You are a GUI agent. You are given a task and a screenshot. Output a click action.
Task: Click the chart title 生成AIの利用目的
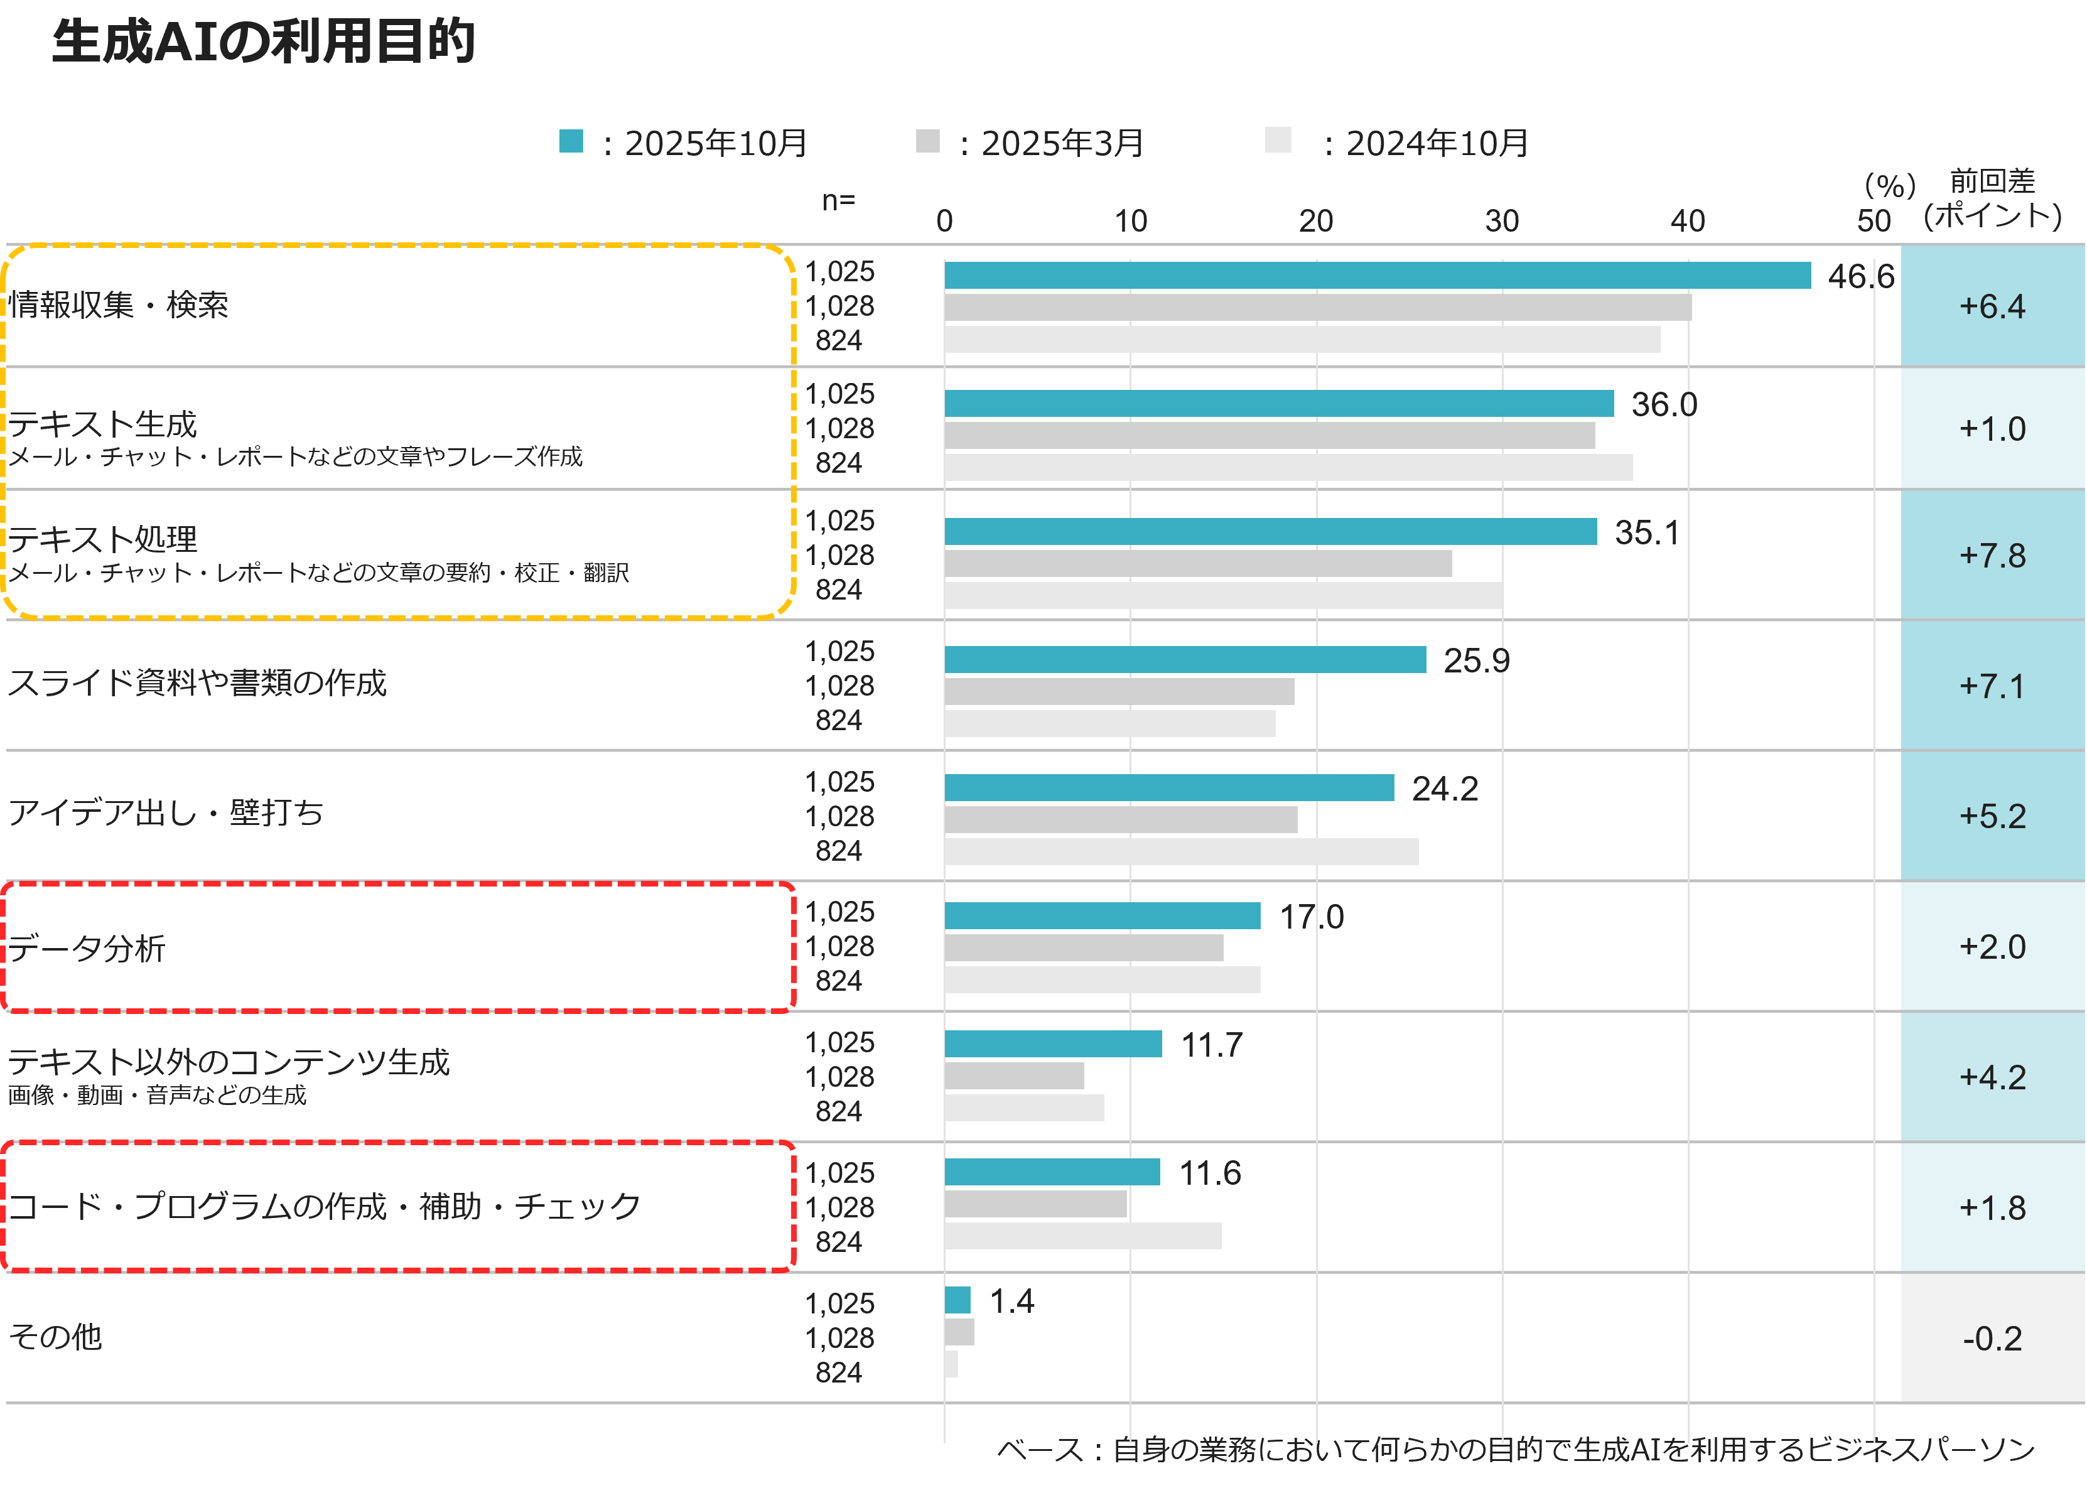[264, 42]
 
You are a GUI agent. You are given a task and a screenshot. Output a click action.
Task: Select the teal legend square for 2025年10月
[571, 141]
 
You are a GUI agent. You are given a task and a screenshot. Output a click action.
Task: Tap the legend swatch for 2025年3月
[927, 141]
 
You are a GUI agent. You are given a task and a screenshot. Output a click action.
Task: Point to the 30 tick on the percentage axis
[1502, 221]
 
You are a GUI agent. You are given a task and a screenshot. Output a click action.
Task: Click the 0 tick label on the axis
[944, 221]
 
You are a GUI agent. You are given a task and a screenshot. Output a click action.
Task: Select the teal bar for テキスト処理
[1270, 531]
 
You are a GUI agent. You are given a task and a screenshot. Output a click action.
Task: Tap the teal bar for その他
[957, 1299]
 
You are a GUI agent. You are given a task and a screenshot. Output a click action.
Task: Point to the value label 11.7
[1211, 1045]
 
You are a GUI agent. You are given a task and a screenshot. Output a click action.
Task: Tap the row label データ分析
[87, 948]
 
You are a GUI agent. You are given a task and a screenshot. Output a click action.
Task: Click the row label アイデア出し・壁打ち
[166, 812]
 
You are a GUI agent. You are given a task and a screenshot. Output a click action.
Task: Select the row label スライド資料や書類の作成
[197, 682]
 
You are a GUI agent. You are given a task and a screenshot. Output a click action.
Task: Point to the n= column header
[838, 200]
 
